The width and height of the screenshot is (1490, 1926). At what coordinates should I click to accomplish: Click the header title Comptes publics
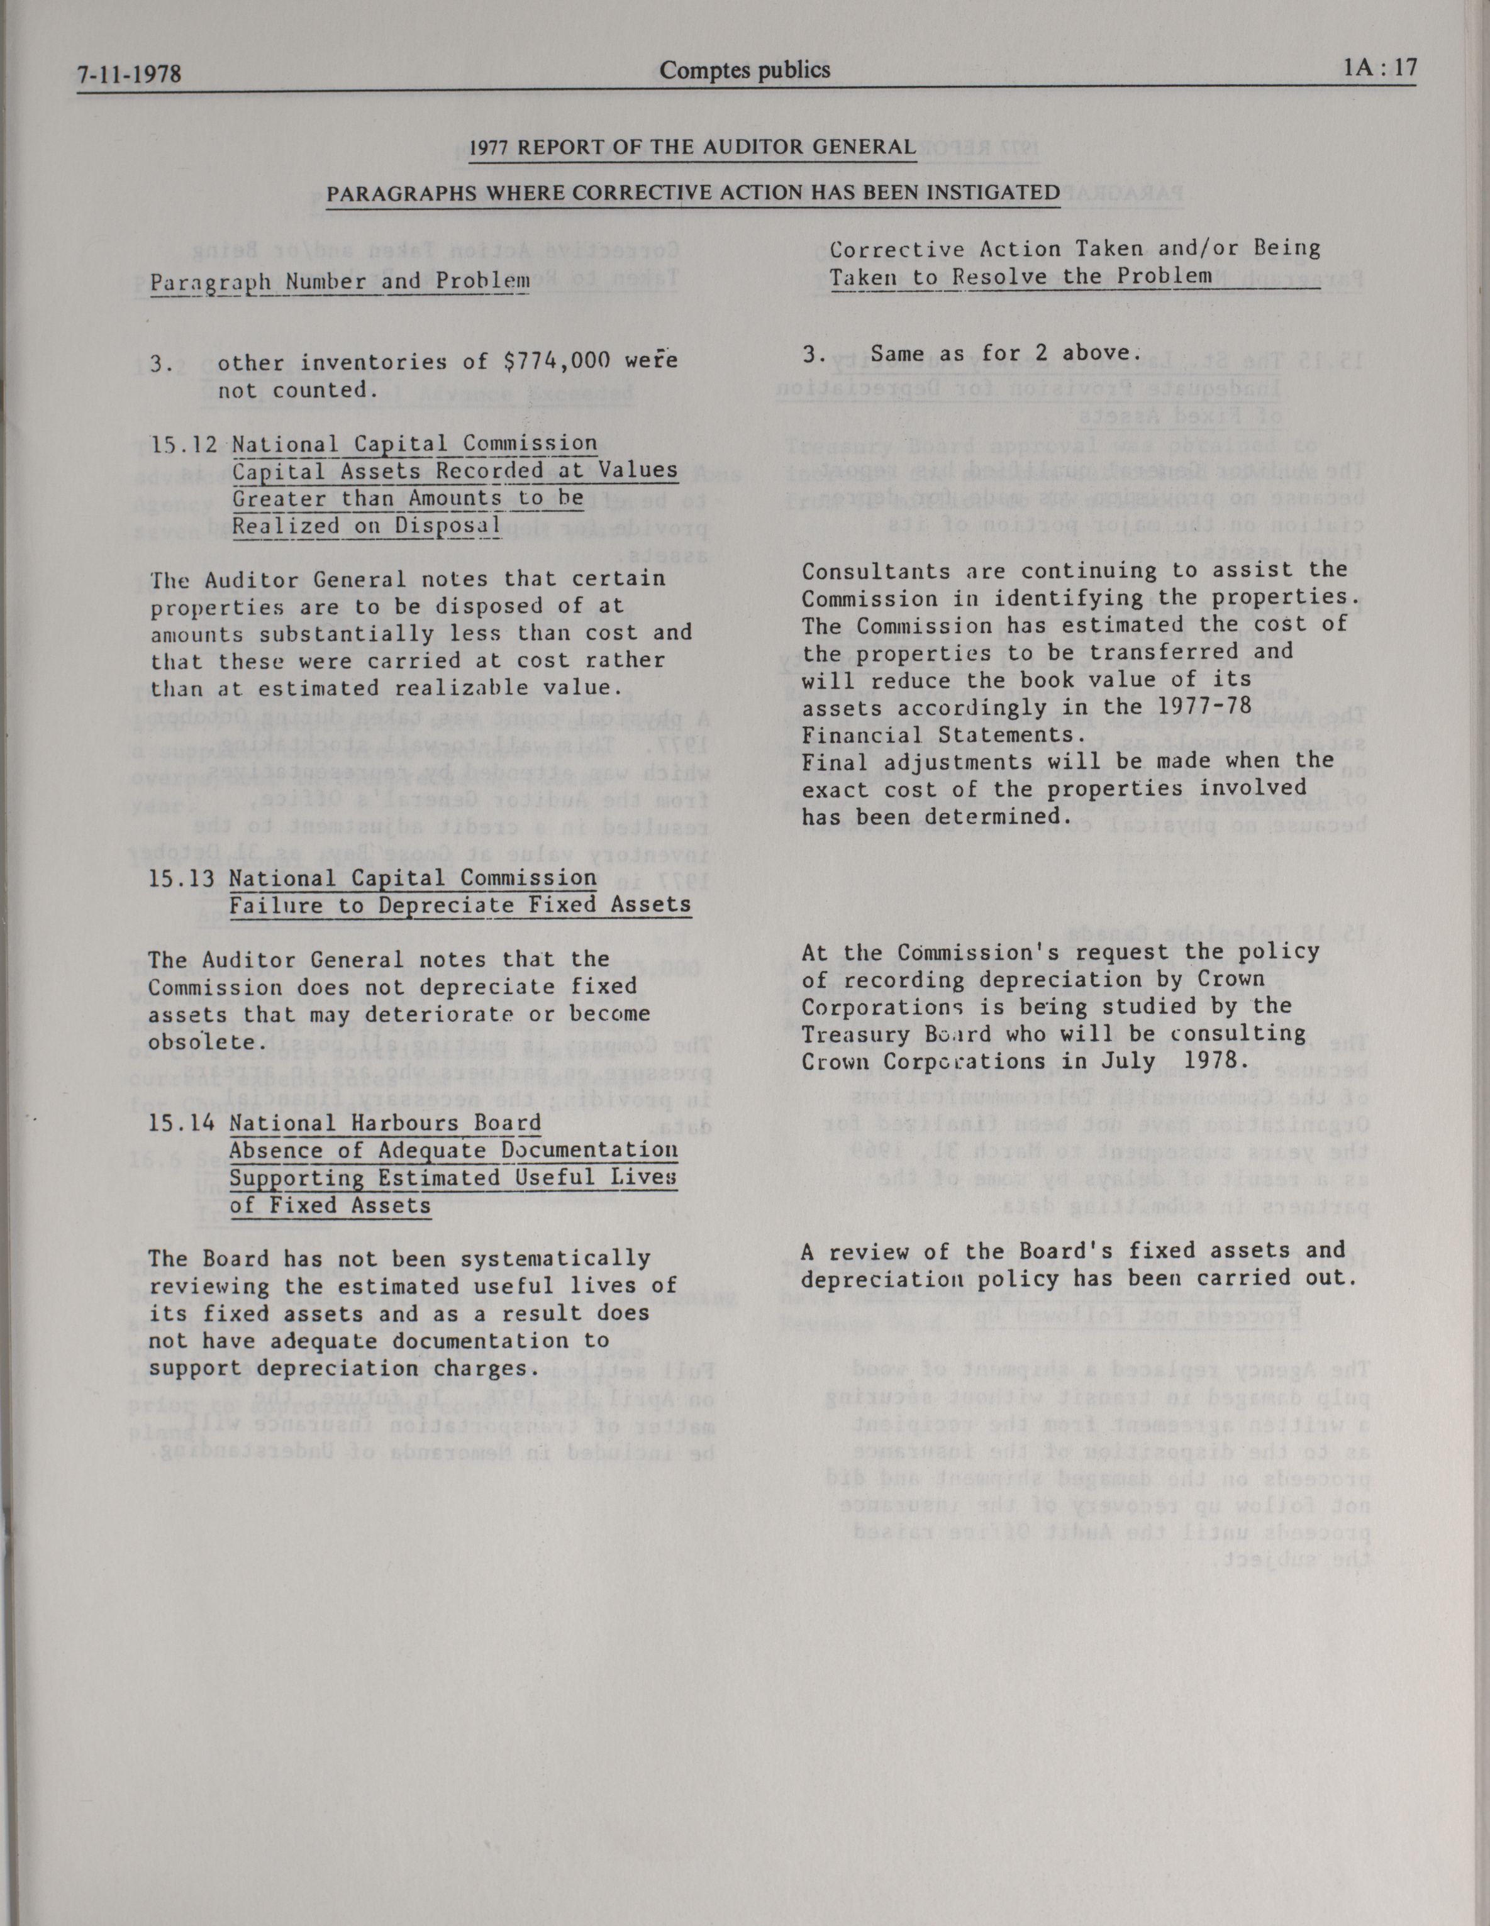point(745,70)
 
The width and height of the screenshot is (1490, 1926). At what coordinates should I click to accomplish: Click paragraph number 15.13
point(182,878)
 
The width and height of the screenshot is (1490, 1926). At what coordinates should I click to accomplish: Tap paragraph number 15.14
point(182,1124)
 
